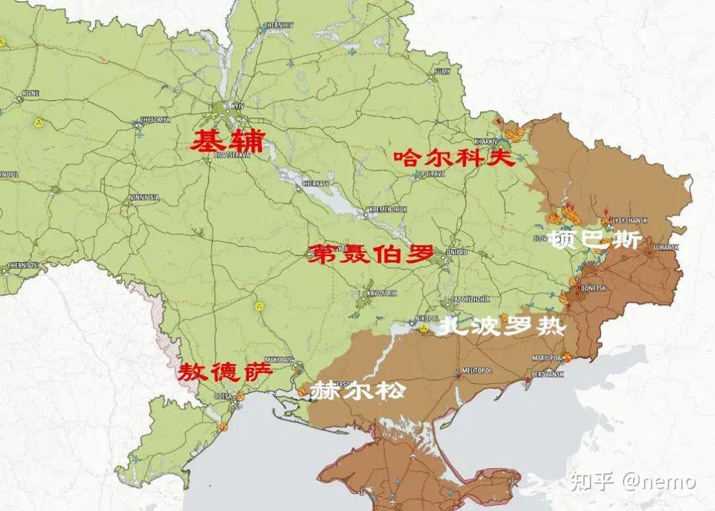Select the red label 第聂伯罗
pyautogui.click(x=371, y=254)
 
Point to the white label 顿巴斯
pyautogui.click(x=595, y=240)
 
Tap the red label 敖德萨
pyautogui.click(x=224, y=372)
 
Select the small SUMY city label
pyautogui.click(x=442, y=71)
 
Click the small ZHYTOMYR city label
pyautogui.click(x=155, y=120)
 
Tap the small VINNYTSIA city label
pyautogui.click(x=144, y=198)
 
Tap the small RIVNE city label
pyautogui.click(x=30, y=93)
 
